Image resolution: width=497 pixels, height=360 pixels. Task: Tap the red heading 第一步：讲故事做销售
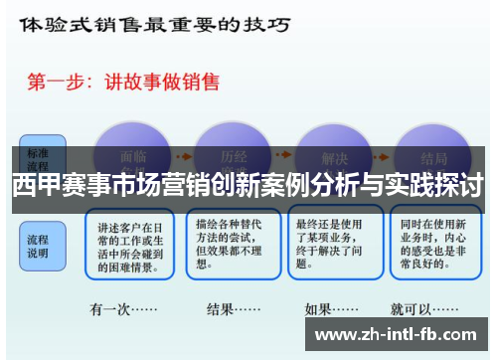click(x=139, y=83)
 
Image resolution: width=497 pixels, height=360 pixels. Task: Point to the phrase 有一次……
click(x=128, y=309)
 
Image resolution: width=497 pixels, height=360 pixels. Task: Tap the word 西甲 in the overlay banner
click(x=36, y=187)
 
